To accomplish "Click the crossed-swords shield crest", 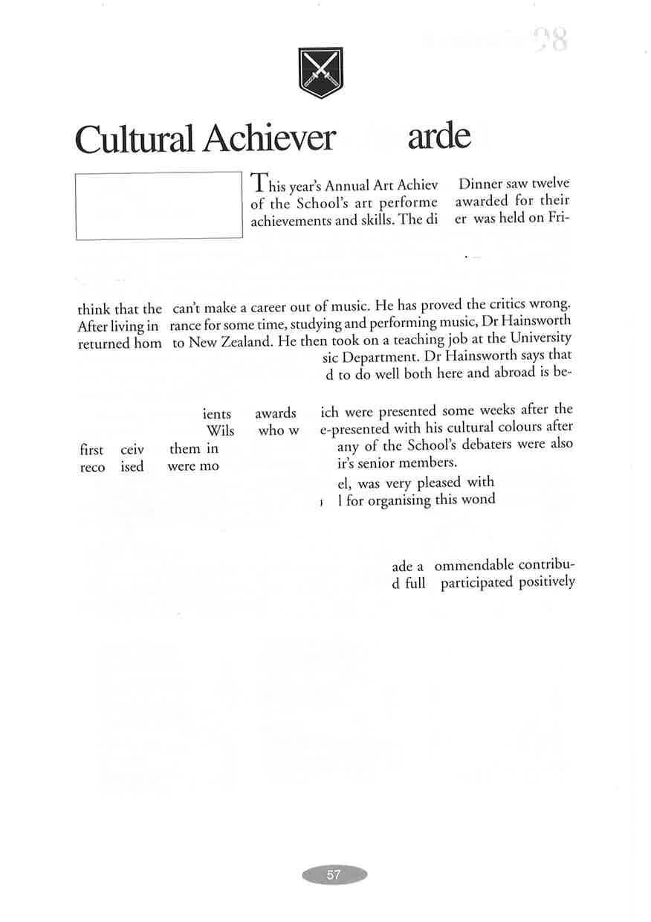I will coord(320,72).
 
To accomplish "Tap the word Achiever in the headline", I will coord(270,138).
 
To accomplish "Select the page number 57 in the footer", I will coord(334,875).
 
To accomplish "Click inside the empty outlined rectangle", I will coord(159,205).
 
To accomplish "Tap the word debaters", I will coord(495,445).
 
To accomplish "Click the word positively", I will coord(547,581).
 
